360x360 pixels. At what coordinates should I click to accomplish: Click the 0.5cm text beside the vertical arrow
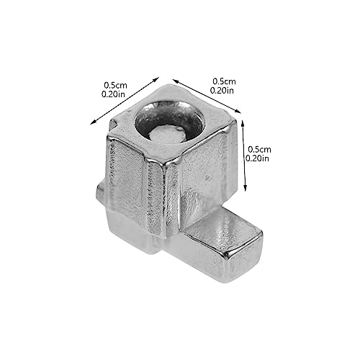(x=259, y=150)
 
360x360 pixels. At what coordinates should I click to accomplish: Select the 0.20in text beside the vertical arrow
(x=257, y=158)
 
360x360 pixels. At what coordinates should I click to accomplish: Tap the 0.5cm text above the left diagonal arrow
(x=115, y=85)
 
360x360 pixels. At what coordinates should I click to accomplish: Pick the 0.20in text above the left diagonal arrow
(x=113, y=94)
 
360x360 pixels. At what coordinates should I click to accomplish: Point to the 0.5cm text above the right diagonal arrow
(x=224, y=81)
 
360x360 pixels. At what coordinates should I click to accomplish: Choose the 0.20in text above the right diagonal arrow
(x=222, y=91)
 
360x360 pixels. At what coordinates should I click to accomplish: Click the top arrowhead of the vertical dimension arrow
(x=243, y=124)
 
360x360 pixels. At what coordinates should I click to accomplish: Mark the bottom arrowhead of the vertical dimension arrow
(x=245, y=188)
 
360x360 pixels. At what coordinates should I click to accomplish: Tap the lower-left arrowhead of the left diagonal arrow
(x=93, y=122)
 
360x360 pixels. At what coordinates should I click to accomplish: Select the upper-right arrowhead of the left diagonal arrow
(x=156, y=79)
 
